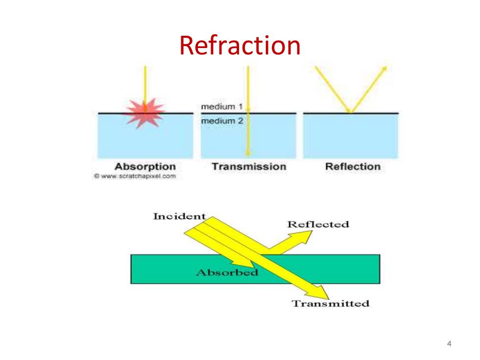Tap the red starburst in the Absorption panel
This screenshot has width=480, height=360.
[x=145, y=112]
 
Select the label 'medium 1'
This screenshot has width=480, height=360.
[x=221, y=107]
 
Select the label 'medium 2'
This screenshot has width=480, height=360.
[x=222, y=121]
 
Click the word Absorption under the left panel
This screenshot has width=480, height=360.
[x=145, y=167]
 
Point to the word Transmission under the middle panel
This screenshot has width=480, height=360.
[x=249, y=167]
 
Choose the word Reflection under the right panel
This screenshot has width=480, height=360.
[x=353, y=167]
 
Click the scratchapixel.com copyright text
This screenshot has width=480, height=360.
[x=135, y=176]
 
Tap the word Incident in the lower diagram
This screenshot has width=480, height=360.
[x=179, y=216]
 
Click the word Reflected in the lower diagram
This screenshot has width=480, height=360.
[x=318, y=224]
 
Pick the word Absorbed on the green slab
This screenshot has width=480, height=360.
[x=227, y=272]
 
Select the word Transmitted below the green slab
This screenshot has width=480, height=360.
[x=330, y=303]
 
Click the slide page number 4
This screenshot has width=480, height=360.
[x=449, y=343]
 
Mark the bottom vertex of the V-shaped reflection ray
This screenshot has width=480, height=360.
[x=351, y=113]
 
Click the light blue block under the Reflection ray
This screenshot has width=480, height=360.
[x=351, y=136]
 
